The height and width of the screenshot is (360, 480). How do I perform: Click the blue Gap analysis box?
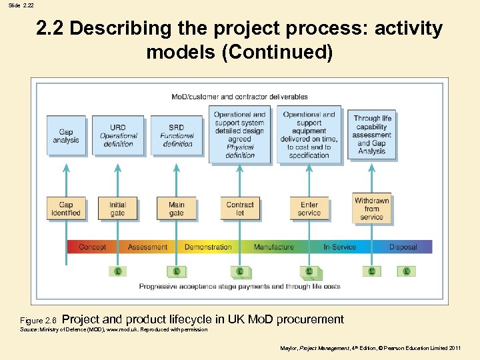click(65, 136)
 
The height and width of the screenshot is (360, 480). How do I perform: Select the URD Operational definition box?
click(117, 136)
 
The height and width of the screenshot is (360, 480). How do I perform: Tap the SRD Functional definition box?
click(176, 136)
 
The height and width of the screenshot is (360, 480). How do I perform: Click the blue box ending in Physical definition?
click(240, 135)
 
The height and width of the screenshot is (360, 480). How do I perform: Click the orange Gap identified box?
click(65, 209)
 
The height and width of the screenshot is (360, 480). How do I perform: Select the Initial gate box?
click(117, 209)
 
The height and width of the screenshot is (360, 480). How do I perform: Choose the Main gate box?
click(176, 209)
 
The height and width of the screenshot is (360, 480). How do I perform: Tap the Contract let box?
click(240, 209)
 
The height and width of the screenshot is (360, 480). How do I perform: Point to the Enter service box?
click(309, 209)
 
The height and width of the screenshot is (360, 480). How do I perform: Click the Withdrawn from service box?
click(371, 209)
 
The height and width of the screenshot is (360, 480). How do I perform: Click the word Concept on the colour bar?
click(92, 247)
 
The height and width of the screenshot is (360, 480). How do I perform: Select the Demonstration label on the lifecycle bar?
click(208, 247)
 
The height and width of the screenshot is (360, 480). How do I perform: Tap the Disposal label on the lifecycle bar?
click(403, 247)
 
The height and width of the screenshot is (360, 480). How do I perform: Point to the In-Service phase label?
click(340, 247)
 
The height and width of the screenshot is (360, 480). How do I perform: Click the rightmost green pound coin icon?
click(406, 271)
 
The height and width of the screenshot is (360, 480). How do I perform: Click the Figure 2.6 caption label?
click(40, 321)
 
